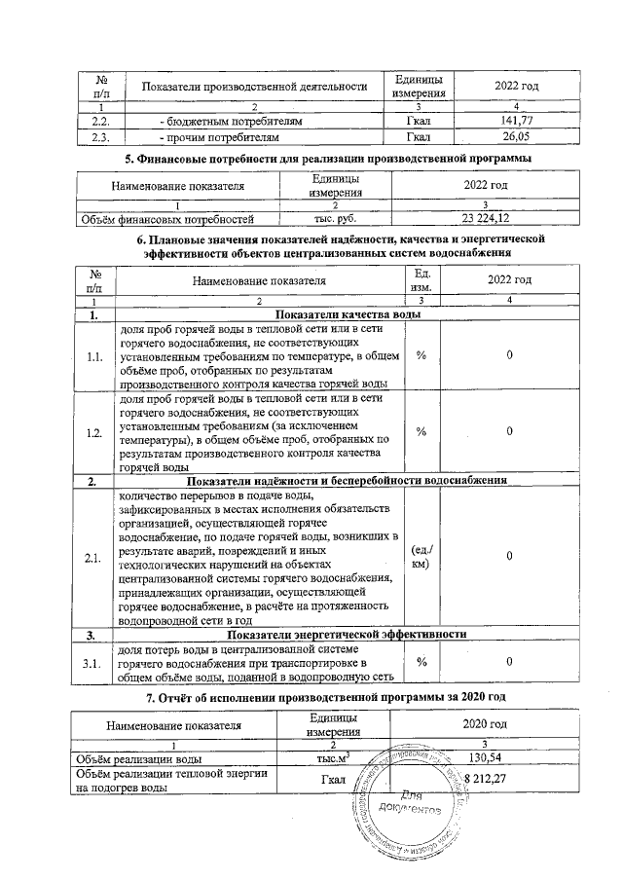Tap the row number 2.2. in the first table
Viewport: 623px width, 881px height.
99,122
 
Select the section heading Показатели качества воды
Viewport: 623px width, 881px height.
348,315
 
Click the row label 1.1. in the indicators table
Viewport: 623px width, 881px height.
94,356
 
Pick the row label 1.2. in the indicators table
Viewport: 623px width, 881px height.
94,431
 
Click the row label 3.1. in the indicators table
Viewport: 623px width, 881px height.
94,664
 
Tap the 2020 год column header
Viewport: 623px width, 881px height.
485,724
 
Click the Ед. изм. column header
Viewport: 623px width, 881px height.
421,281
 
